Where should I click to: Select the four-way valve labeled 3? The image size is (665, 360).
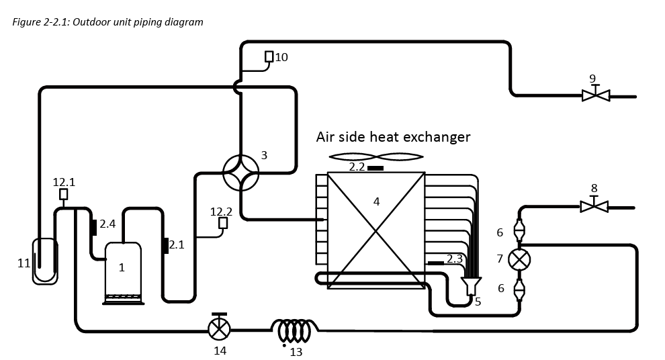[240, 173]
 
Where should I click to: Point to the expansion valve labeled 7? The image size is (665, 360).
[519, 259]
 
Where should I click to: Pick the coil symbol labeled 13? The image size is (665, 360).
[295, 330]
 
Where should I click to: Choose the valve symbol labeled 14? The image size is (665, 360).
[219, 327]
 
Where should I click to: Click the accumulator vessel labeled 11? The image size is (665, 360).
[45, 261]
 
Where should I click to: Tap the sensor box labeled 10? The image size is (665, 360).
[269, 56]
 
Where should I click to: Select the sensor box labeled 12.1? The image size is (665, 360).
[64, 194]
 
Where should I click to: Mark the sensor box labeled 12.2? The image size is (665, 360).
[223, 223]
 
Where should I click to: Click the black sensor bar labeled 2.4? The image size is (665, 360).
[93, 227]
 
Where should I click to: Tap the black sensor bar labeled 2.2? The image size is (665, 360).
[375, 169]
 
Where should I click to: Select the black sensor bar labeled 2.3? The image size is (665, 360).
[435, 263]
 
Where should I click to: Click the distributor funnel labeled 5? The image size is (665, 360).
[471, 286]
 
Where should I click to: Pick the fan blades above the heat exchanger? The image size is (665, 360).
[376, 157]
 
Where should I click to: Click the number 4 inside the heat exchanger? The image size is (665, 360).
[376, 202]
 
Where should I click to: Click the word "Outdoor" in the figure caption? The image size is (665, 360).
[87, 21]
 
